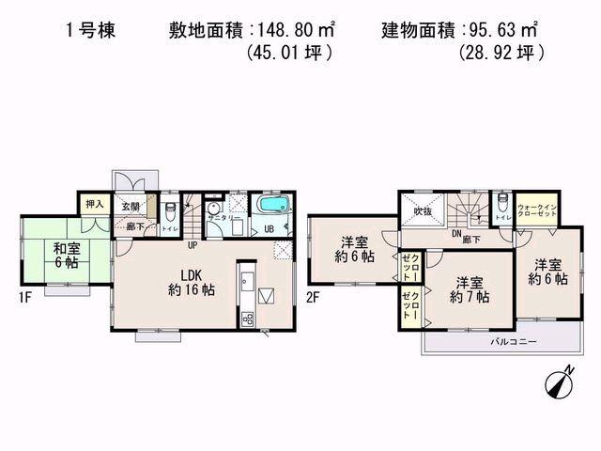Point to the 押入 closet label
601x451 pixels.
point(93,204)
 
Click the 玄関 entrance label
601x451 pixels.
point(130,207)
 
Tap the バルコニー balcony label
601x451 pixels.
point(513,343)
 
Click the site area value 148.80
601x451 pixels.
point(273,28)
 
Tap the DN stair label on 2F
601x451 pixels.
point(456,233)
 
